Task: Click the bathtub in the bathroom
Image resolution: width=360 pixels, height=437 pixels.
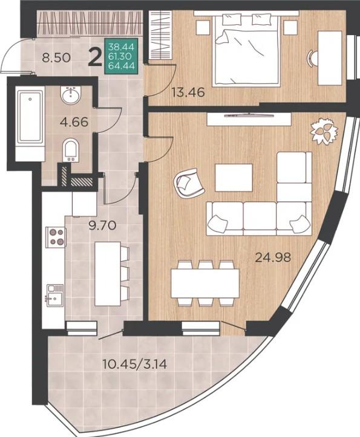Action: (x=30, y=123)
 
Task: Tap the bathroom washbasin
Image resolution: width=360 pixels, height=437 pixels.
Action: (x=71, y=95)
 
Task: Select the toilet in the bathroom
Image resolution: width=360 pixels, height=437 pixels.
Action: (x=71, y=150)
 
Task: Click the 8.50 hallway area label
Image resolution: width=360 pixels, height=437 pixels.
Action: (x=56, y=58)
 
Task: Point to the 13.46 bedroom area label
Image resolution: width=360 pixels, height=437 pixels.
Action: (x=188, y=92)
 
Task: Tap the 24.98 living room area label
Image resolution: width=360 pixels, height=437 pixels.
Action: (x=273, y=257)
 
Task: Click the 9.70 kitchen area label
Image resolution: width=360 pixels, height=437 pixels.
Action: (x=102, y=225)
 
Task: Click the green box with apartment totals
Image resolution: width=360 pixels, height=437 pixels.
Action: (x=121, y=56)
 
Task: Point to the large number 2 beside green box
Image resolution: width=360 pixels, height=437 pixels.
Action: (x=95, y=58)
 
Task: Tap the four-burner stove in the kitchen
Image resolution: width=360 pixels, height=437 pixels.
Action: (x=56, y=237)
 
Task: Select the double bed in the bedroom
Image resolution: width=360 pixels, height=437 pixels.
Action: (x=246, y=50)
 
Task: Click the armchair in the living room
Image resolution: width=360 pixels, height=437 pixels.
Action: (x=189, y=183)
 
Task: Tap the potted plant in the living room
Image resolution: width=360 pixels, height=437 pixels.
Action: (x=324, y=131)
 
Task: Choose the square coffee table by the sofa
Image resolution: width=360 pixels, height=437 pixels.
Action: (x=234, y=178)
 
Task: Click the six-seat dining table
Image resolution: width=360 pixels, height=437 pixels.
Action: (x=205, y=283)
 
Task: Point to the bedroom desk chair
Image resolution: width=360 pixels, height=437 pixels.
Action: (x=312, y=58)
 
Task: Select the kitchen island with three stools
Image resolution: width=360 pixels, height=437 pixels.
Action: (x=111, y=274)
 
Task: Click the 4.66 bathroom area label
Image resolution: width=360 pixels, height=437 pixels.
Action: (x=74, y=121)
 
